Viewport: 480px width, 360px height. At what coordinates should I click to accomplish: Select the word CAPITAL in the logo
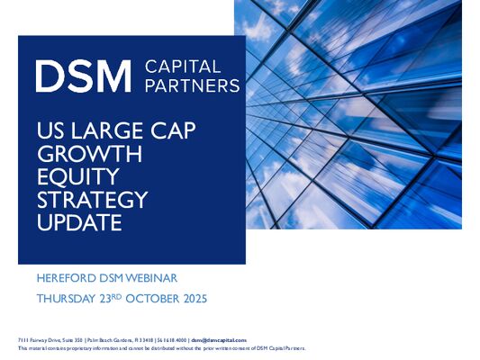point(181,66)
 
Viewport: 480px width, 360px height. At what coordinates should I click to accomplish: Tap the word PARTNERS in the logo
point(192,86)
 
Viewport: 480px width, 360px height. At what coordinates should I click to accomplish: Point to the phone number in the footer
point(186,338)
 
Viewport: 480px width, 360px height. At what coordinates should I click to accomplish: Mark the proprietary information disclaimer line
point(162,346)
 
